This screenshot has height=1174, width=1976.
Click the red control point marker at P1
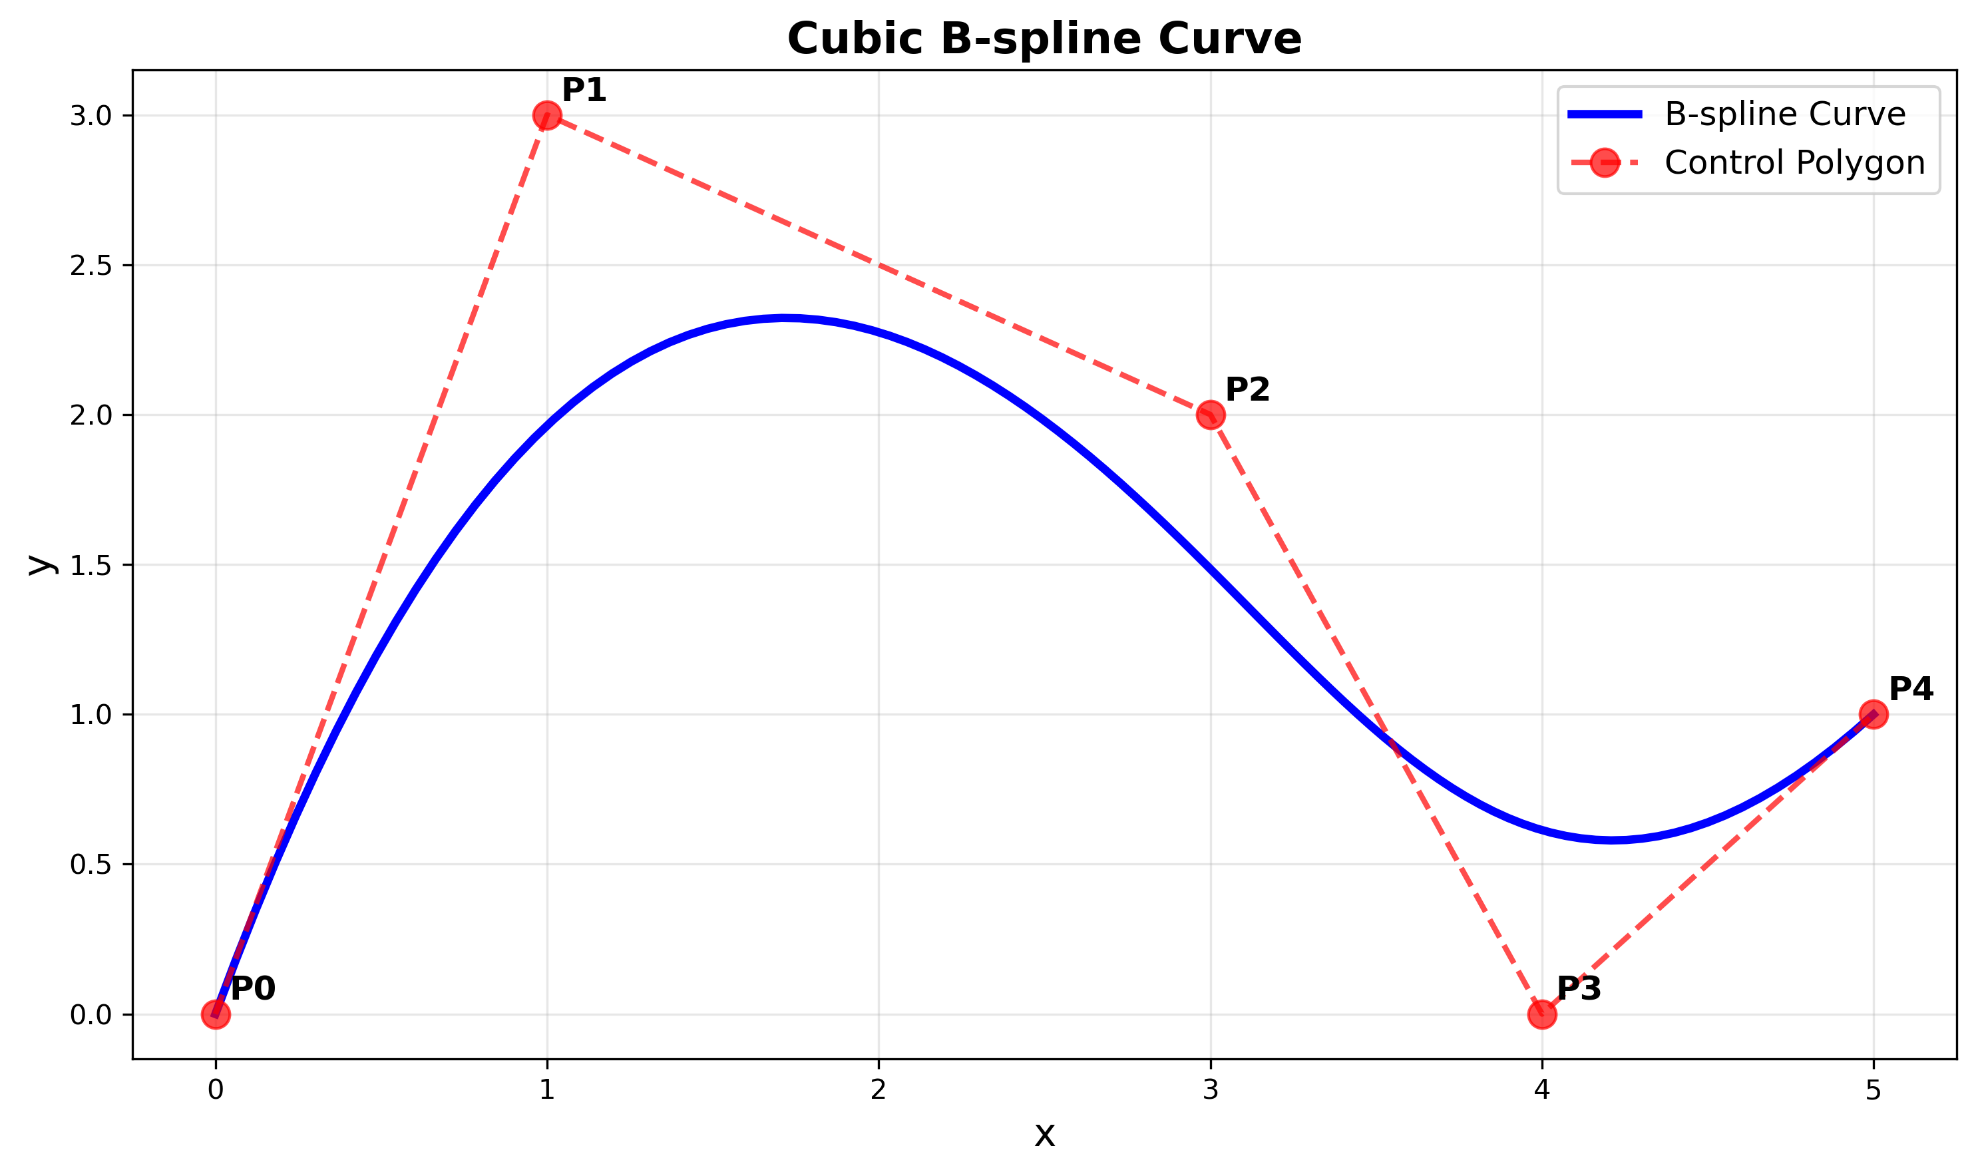tap(546, 116)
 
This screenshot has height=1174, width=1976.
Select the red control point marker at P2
tap(1210, 415)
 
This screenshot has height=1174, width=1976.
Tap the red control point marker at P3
tap(1541, 1014)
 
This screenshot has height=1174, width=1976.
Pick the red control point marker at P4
tap(1873, 714)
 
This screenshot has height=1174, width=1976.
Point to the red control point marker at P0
tap(215, 1014)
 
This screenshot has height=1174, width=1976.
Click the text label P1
tap(584, 91)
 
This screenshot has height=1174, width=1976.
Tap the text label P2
tap(1247, 390)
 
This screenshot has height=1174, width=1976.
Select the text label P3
tap(1579, 989)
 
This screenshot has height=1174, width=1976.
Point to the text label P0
tap(253, 989)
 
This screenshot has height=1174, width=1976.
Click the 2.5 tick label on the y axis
tap(90, 266)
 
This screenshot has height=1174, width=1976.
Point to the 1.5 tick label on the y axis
tap(90, 566)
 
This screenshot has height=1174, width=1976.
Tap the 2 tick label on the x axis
tap(878, 1091)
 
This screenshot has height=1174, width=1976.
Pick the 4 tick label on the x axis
tap(1541, 1091)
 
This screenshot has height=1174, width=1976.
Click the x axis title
tap(1044, 1136)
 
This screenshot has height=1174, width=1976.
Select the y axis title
tap(41, 564)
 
